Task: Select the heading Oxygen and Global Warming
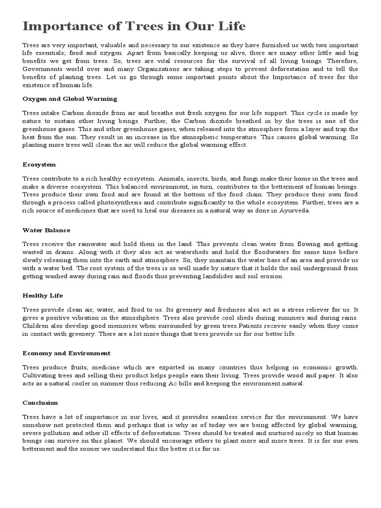point(70,99)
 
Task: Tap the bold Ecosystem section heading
point(39,164)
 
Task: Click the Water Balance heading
point(46,230)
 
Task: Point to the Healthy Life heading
point(43,296)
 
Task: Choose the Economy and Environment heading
point(66,353)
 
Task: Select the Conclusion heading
point(40,403)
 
